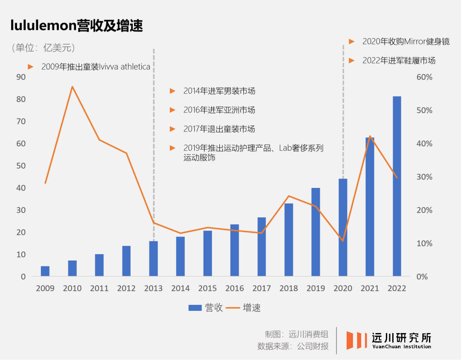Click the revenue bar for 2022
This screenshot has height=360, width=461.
(x=397, y=186)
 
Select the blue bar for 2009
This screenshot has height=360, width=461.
(x=45, y=271)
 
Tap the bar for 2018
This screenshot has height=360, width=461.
(x=289, y=240)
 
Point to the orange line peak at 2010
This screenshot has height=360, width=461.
(x=73, y=87)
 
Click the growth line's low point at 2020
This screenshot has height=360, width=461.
(x=343, y=241)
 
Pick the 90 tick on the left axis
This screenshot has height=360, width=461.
(x=20, y=77)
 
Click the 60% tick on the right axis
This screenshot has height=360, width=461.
(x=424, y=77)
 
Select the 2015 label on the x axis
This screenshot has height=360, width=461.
(x=207, y=289)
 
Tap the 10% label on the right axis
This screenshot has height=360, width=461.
(x=424, y=243)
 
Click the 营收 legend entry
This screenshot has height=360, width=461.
(x=206, y=307)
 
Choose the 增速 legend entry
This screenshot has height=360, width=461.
(x=243, y=307)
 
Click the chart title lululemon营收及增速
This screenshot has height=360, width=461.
(x=77, y=26)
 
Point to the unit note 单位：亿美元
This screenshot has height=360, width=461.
(x=44, y=48)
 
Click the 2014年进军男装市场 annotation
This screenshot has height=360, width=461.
(x=219, y=91)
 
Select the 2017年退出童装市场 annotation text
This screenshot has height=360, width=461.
(x=219, y=129)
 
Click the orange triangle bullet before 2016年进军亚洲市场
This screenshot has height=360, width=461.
(x=172, y=110)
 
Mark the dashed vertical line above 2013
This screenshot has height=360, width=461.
(x=154, y=128)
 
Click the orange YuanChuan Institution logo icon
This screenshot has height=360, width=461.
(x=356, y=340)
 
